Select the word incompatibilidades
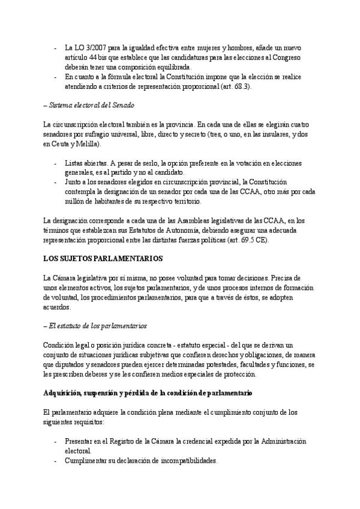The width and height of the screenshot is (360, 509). [183, 460]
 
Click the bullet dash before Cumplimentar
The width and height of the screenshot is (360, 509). [56, 460]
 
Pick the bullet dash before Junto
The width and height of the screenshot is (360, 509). [56, 182]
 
